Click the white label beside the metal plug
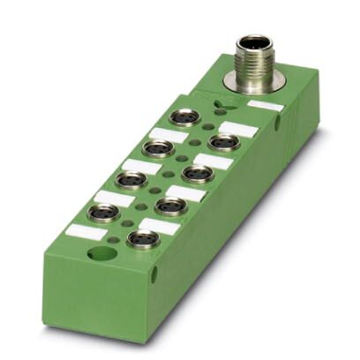pos(266,107)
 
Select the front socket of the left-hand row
pos(104,213)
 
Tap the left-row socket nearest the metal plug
pos(185,116)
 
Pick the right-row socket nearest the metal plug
pos(224,141)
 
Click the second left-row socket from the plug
pos(159,146)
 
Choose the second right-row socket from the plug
pos(199,172)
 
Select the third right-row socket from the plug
pos(170,206)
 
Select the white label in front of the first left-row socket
pos(166,135)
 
